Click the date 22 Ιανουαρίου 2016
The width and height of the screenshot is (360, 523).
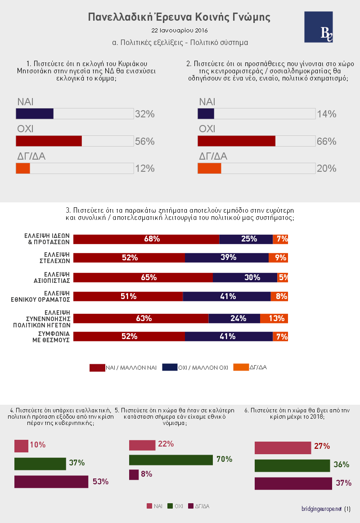[x=180, y=31]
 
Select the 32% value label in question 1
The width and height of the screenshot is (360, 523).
[x=145, y=114]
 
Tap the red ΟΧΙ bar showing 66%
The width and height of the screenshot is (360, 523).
[x=236, y=141]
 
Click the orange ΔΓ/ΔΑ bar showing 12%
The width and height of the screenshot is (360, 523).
[x=23, y=168]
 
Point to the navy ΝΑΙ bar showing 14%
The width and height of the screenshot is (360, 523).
[x=206, y=114]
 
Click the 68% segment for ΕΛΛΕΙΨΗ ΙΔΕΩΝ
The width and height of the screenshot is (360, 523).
[x=146, y=239]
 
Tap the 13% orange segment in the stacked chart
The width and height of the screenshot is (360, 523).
[x=274, y=318]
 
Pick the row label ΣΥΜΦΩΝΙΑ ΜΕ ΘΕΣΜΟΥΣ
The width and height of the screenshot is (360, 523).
[x=50, y=337]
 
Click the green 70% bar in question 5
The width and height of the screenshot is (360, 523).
[x=171, y=460]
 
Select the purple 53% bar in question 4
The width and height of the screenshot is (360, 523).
[x=51, y=482]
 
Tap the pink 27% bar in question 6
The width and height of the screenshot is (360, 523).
[x=283, y=448]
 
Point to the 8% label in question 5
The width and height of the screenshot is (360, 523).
[x=147, y=474]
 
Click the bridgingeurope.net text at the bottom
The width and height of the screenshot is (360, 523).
[x=322, y=509]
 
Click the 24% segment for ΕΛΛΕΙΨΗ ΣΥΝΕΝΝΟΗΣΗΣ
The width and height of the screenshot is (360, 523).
[x=234, y=318]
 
